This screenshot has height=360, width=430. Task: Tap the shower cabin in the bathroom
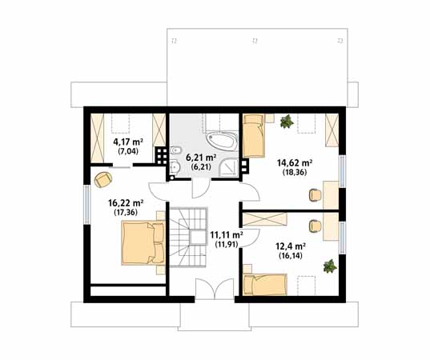click(x=232, y=167)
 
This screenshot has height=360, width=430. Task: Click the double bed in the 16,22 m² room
click(x=143, y=243)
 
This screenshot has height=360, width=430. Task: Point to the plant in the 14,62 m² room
click(x=287, y=121)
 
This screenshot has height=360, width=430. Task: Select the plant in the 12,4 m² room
click(x=329, y=266)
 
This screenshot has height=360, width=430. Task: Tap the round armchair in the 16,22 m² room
click(x=102, y=178)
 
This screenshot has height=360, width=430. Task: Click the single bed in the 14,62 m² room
click(x=254, y=135)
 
